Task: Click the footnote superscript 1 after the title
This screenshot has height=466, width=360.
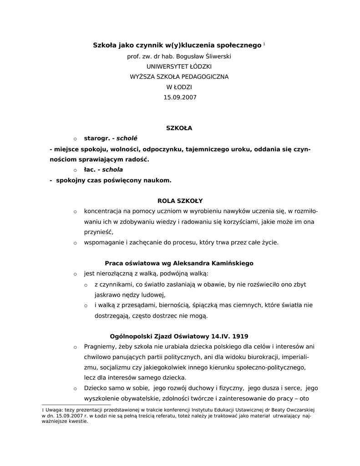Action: (264, 44)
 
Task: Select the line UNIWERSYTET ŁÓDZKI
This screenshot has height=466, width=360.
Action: (180, 66)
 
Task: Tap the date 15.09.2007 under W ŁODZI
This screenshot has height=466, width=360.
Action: (180, 97)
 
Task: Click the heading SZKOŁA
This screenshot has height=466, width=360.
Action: (179, 128)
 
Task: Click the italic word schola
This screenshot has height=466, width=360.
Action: (112, 169)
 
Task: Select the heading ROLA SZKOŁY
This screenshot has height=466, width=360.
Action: (180, 200)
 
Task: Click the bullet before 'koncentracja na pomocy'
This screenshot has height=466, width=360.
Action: (75, 212)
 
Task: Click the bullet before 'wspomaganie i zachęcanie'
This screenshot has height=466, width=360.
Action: (75, 243)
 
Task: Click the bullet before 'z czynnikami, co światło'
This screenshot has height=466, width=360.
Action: (86, 285)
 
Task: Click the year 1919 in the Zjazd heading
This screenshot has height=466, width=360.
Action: (240, 337)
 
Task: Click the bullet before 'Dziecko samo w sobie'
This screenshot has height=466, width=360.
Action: (75, 388)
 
